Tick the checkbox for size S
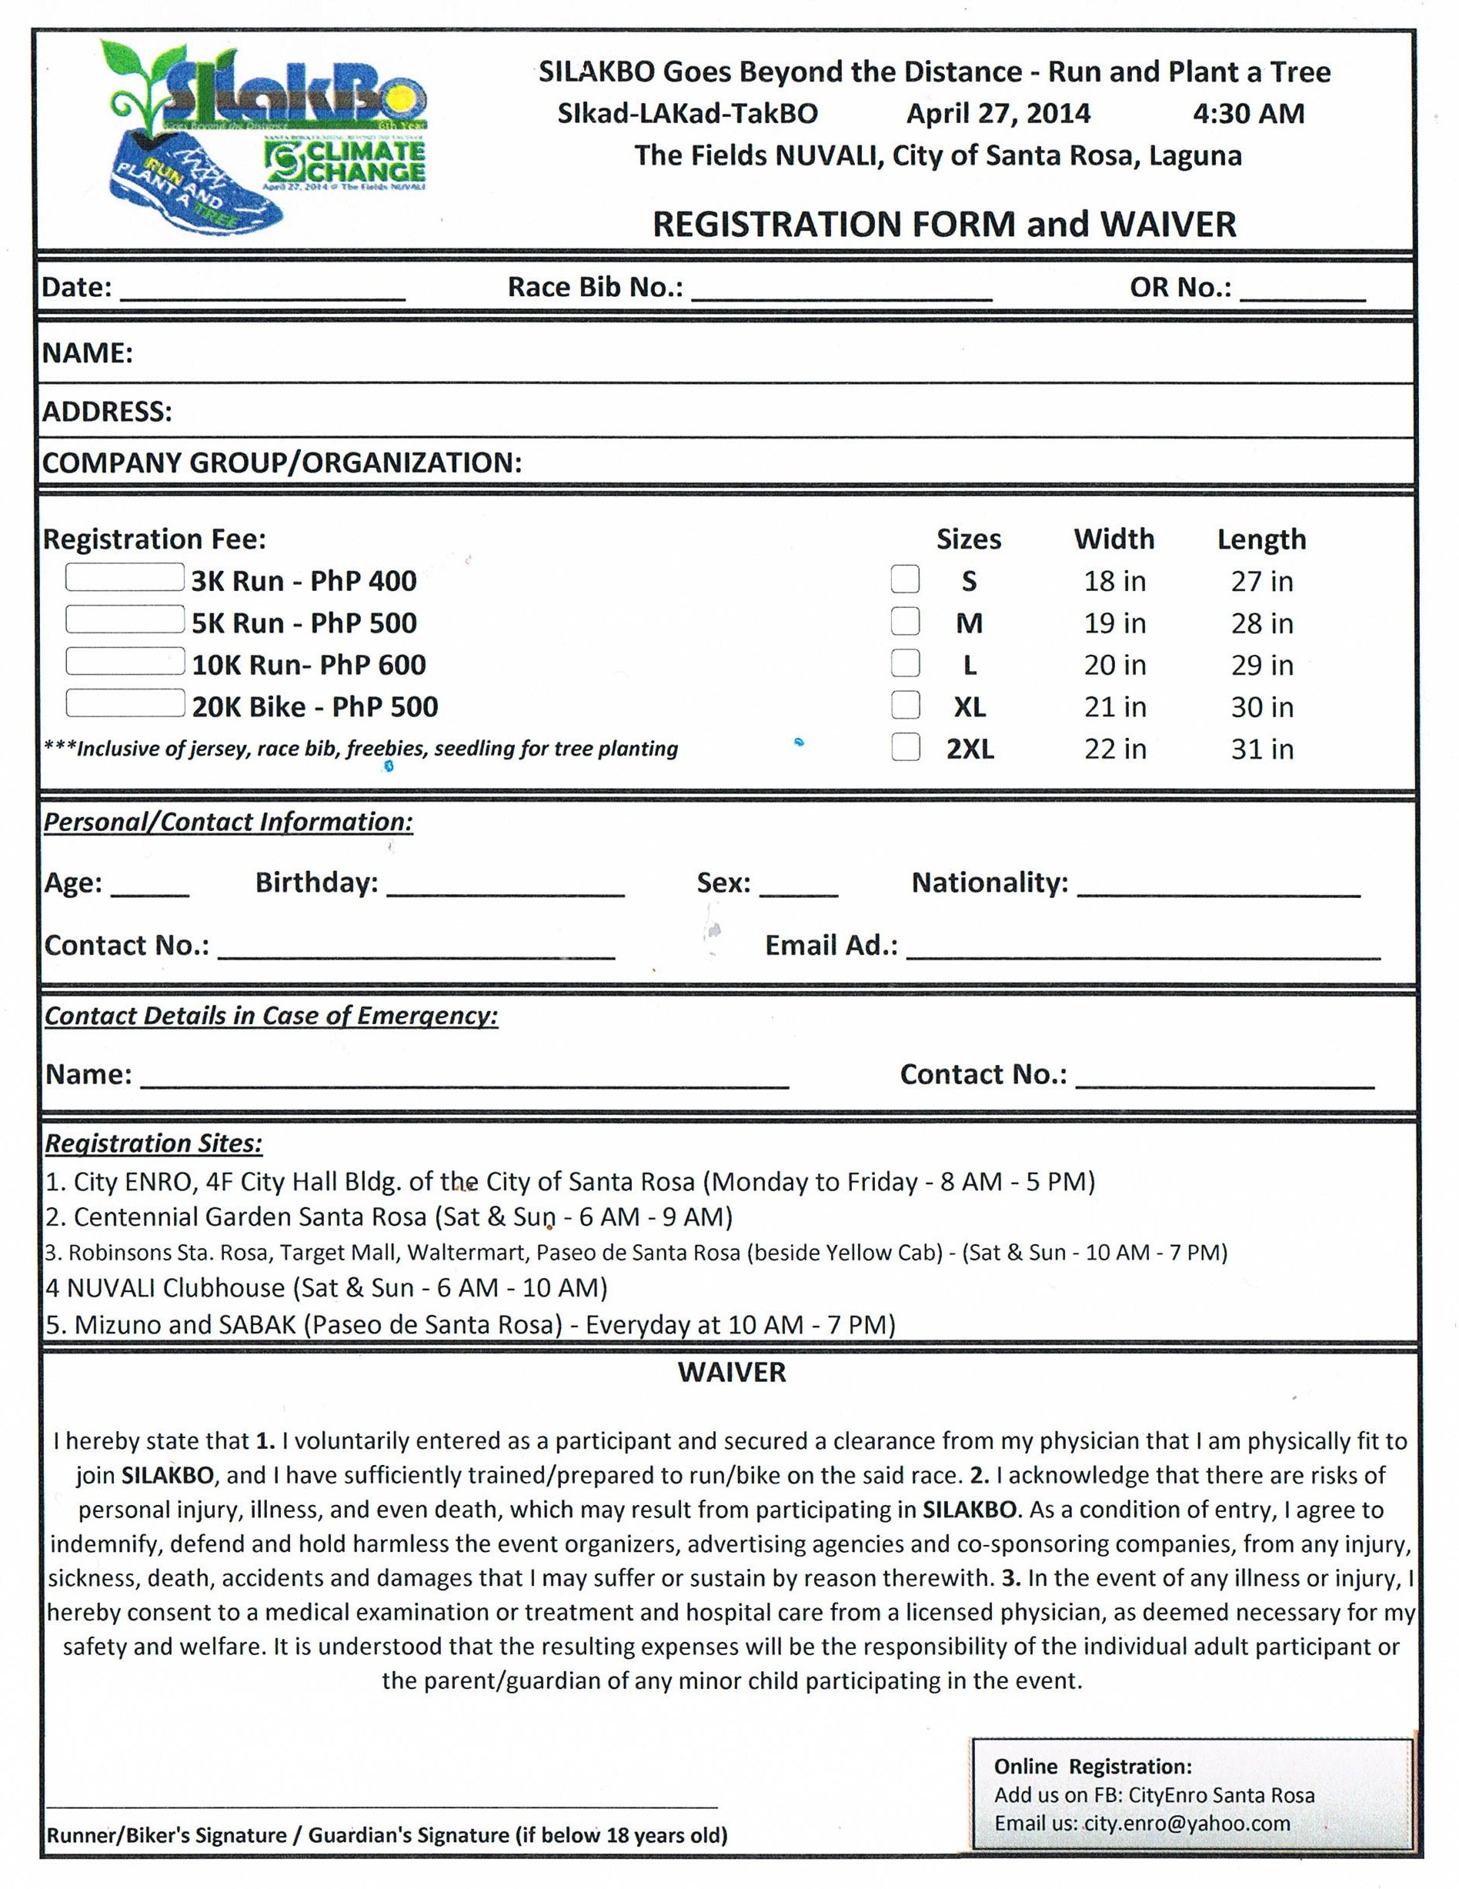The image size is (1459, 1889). tap(905, 579)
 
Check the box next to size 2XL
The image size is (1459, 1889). tap(905, 746)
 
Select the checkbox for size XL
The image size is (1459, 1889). tap(905, 705)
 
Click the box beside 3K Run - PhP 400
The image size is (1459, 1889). tap(125, 578)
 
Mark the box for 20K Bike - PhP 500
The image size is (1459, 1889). tap(125, 703)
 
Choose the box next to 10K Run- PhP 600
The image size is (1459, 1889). tap(125, 662)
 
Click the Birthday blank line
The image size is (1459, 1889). tap(505, 889)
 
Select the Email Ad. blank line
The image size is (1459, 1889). tap(1142, 951)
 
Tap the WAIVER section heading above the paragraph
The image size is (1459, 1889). tap(732, 1373)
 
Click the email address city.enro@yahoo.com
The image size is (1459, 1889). tap(1187, 1824)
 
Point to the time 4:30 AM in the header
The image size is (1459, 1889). tap(1247, 113)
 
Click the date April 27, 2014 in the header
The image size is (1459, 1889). tap(998, 113)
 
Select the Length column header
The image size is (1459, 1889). tap(1261, 539)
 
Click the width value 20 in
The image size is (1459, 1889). tap(1115, 664)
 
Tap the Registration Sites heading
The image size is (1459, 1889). tap(154, 1143)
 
